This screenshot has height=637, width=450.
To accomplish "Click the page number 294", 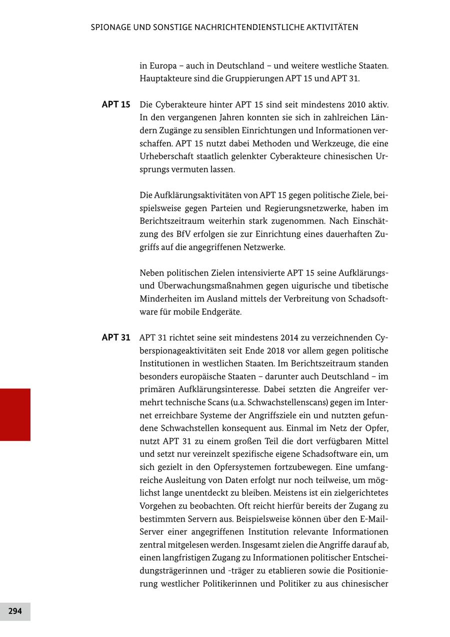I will click(x=15, y=611).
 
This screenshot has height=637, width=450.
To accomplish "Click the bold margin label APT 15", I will click(x=116, y=105).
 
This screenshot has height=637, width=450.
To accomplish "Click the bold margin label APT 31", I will click(x=116, y=337).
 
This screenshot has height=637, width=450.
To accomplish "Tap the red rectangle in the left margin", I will click(x=15, y=414).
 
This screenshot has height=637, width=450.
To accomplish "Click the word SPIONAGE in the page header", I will click(x=110, y=27).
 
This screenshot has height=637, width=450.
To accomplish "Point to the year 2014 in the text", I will click(x=278, y=337).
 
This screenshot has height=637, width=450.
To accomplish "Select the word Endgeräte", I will click(x=221, y=312).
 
